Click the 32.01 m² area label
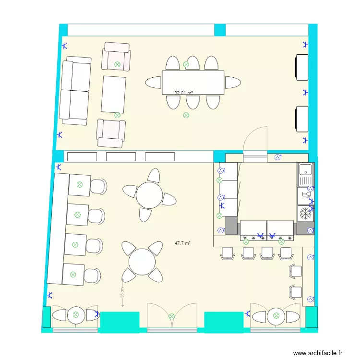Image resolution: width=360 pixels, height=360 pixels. point(184,93)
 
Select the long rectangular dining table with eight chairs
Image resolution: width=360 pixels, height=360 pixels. point(193,83)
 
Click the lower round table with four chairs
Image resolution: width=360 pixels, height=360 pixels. point(142,262)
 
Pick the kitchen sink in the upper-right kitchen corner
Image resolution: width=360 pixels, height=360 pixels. point(305,174)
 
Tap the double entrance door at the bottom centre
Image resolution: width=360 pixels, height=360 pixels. point(172,316)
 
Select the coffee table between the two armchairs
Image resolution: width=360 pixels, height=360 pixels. point(114,94)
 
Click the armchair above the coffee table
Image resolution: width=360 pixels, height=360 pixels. point(116,56)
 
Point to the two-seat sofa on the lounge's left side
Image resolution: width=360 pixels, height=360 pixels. point(75,91)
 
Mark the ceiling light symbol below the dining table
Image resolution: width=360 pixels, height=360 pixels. point(186,115)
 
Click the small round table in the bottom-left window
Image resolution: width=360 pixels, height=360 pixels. point(75,316)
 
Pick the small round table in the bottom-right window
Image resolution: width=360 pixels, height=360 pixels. point(275,316)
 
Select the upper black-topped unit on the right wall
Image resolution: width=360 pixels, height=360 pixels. point(302,67)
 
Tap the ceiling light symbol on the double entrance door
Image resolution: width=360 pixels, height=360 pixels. point(172,316)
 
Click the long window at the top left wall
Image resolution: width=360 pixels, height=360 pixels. point(141,30)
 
